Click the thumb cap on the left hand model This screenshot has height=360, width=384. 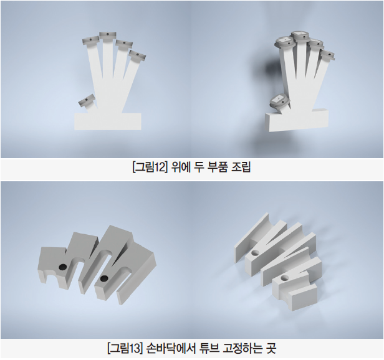coord(87,100)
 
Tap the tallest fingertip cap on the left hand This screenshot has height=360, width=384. coord(107,36)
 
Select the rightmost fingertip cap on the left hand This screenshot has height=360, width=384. coord(137,56)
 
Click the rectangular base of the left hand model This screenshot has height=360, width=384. coord(108,121)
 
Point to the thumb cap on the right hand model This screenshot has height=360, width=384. coord(279,102)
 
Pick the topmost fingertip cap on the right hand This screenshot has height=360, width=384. coord(299,36)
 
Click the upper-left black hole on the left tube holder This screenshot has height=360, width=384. coord(62,267)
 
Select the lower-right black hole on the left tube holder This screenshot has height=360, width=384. coord(104,278)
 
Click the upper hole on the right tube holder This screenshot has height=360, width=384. coord(255,253)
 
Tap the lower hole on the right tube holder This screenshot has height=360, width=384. coord(284,278)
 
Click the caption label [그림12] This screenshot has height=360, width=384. coord(150,168)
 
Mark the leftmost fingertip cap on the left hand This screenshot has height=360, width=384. coord(90,41)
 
